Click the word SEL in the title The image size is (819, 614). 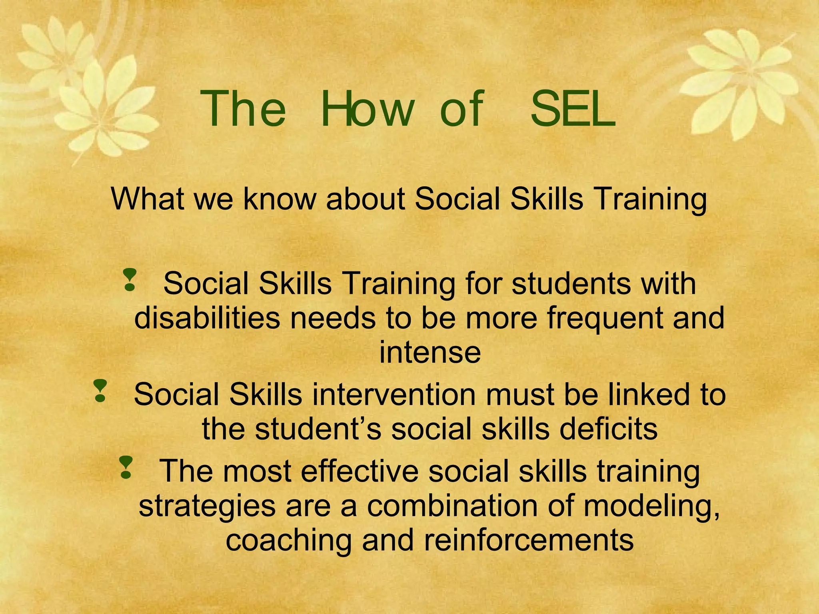(x=572, y=109)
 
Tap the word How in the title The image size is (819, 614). (x=367, y=109)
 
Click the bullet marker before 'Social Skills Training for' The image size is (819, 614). (x=130, y=279)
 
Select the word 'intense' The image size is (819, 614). (x=430, y=352)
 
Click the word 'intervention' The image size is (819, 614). (x=394, y=395)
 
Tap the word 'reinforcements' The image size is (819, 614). (x=528, y=540)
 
